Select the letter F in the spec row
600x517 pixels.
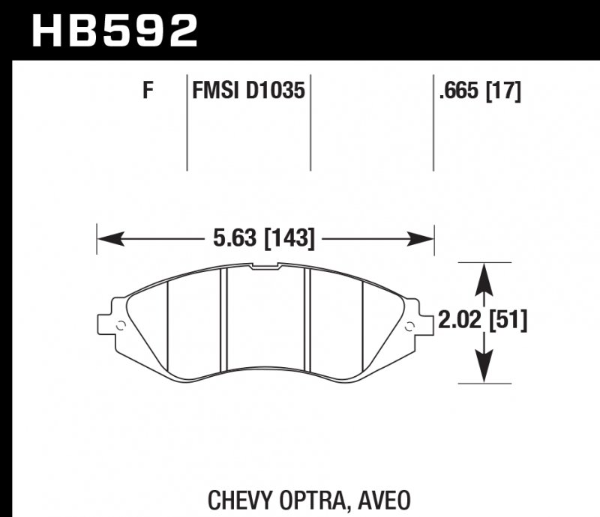coord(148,91)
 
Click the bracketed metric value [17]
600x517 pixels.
coord(503,91)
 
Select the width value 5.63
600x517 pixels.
coord(228,240)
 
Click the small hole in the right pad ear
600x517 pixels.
coord(409,325)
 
